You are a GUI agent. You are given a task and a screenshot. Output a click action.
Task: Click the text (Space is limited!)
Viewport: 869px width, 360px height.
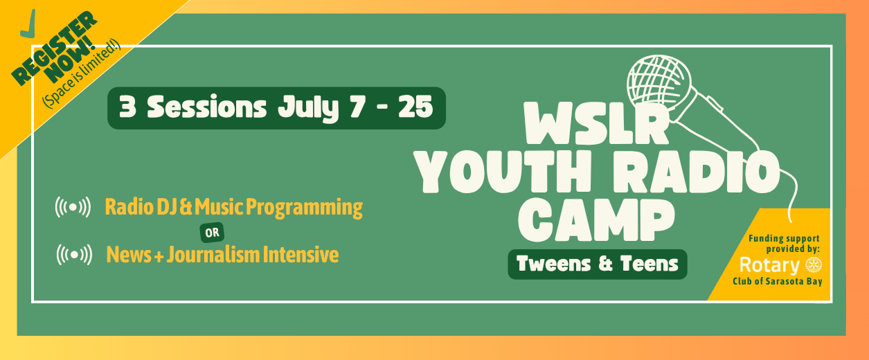pyautogui.click(x=82, y=73)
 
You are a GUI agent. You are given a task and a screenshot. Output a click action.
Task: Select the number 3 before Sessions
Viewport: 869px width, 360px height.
pyautogui.click(x=127, y=107)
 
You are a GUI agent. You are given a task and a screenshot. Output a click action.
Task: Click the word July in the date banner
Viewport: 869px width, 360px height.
pyautogui.click(x=308, y=109)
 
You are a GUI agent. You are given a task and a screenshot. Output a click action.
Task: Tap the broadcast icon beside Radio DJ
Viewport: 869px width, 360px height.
pyautogui.click(x=73, y=207)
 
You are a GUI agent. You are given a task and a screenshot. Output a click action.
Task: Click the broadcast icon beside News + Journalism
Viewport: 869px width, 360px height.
pyautogui.click(x=74, y=255)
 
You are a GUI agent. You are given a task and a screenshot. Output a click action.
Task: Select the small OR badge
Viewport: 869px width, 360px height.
pyautogui.click(x=212, y=233)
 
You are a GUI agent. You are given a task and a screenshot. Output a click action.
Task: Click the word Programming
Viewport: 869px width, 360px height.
pyautogui.click(x=304, y=208)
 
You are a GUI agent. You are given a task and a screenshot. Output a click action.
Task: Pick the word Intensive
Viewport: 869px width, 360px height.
pyautogui.click(x=301, y=255)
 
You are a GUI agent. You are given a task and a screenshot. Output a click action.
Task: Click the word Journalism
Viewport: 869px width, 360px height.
pyautogui.click(x=213, y=255)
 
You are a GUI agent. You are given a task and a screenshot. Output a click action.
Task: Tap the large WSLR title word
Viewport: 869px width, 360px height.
pyautogui.click(x=597, y=123)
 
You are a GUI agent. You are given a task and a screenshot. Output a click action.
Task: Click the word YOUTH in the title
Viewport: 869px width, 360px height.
pyautogui.click(x=503, y=171)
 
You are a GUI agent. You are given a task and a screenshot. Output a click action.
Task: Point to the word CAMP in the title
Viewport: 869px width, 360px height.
pyautogui.click(x=597, y=220)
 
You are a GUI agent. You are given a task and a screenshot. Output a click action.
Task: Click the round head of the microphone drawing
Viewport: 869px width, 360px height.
pyautogui.click(x=659, y=82)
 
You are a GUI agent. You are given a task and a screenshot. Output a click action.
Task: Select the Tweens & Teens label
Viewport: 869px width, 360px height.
pyautogui.click(x=598, y=264)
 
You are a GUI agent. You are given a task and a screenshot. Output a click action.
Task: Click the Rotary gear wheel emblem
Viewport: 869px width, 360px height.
pyautogui.click(x=814, y=265)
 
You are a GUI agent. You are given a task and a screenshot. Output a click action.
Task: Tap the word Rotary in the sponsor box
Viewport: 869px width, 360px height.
pyautogui.click(x=770, y=266)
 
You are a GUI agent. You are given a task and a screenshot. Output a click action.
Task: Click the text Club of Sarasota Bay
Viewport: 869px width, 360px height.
pyautogui.click(x=778, y=281)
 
